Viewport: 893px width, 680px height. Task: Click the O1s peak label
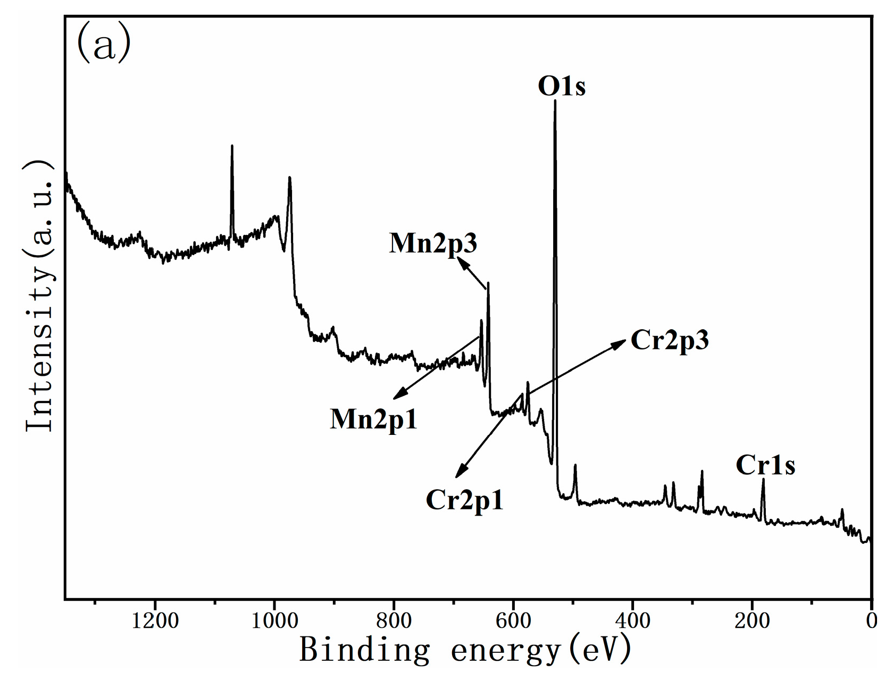click(x=562, y=86)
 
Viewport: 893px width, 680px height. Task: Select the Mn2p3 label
click(x=433, y=244)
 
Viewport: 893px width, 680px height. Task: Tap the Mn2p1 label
click(x=373, y=419)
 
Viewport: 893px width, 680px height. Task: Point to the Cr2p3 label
click(x=670, y=340)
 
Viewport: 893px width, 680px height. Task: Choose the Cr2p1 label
click(x=464, y=500)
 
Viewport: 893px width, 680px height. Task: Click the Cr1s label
click(x=765, y=465)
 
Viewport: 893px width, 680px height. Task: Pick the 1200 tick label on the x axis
click(x=155, y=621)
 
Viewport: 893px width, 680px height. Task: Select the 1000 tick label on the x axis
click(x=274, y=621)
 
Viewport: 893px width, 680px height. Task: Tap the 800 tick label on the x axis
click(x=394, y=621)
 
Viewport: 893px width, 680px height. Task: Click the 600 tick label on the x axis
click(x=513, y=621)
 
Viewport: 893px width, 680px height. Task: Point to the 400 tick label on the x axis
click(x=633, y=621)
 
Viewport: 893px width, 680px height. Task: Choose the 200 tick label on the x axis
click(x=752, y=621)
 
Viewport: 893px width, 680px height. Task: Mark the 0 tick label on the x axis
click(x=871, y=621)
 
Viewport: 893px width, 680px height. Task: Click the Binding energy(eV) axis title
click(x=465, y=650)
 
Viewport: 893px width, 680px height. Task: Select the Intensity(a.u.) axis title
click(x=40, y=295)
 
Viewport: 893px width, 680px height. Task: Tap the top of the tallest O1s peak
click(x=555, y=100)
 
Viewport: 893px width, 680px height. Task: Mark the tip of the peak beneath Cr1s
click(x=763, y=480)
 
